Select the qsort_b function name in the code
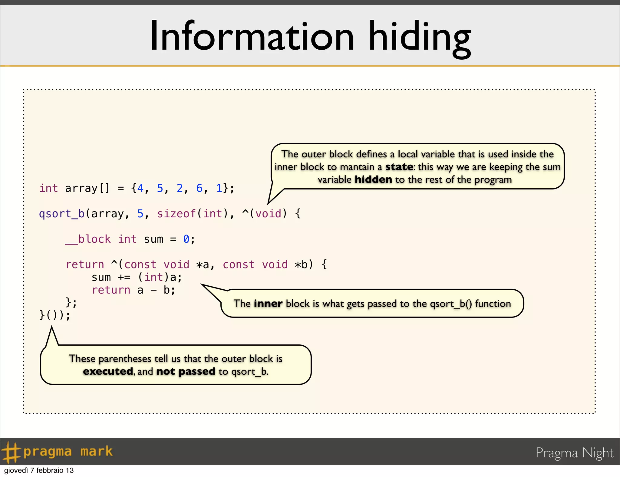[62, 214]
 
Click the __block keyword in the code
[88, 239]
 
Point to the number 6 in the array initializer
[199, 188]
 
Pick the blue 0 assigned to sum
[186, 239]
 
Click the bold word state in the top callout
[399, 167]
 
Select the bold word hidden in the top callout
[373, 179]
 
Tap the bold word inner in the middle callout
[268, 304]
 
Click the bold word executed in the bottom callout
[108, 371]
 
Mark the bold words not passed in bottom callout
[186, 371]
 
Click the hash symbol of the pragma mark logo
[10, 452]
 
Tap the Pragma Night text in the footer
[574, 453]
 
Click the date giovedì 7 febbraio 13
[39, 470]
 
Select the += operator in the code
[124, 277]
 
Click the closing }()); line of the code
[55, 315]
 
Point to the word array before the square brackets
[81, 188]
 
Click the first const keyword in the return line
[140, 265]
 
